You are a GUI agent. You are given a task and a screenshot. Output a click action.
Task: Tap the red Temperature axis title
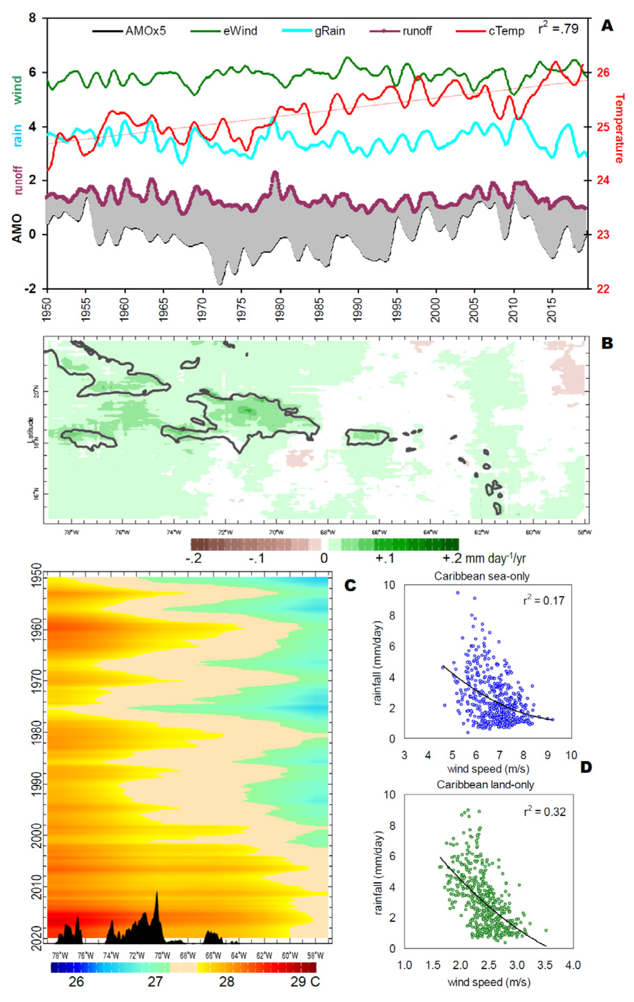(619, 128)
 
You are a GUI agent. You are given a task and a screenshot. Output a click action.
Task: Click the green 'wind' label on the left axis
(17, 90)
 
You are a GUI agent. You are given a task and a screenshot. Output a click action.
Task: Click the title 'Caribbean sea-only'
(482, 576)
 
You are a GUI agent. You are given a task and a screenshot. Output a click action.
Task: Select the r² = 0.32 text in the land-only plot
(545, 812)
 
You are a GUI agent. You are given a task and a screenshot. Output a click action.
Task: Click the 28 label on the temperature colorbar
(227, 981)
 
